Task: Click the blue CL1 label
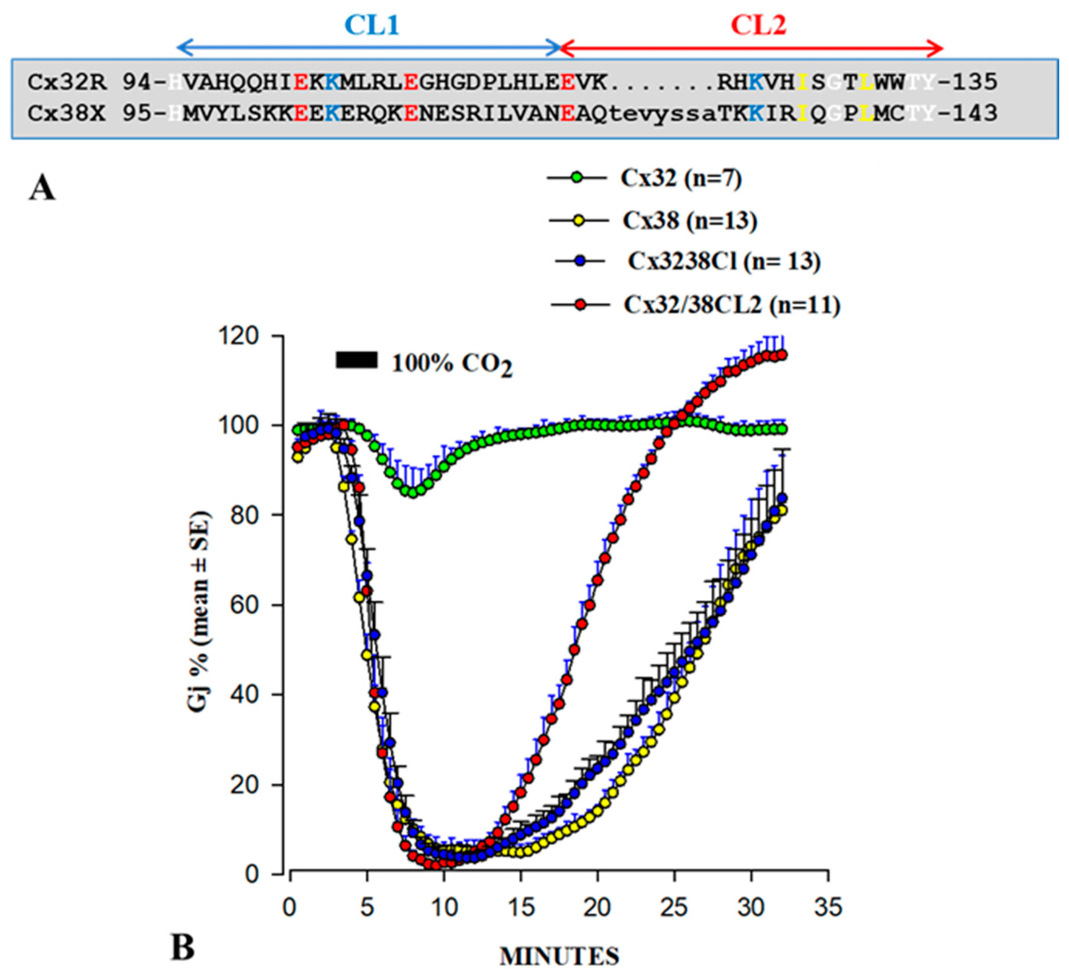point(371,25)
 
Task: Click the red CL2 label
point(758,25)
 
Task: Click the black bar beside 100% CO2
point(356,360)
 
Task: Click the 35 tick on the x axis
point(828,908)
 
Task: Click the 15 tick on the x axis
point(521,908)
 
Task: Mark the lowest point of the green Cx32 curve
point(414,492)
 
